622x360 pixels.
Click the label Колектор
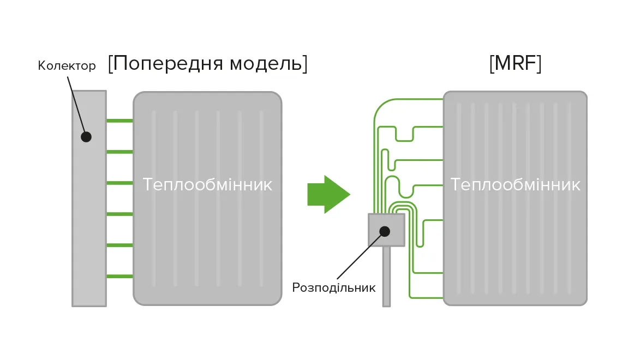tap(67, 66)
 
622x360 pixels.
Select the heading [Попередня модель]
tap(208, 64)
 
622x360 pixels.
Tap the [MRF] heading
tap(515, 64)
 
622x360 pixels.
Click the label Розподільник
tap(334, 287)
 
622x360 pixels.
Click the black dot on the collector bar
tap(86, 136)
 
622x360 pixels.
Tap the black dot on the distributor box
tap(385, 231)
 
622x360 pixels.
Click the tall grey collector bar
tap(89, 218)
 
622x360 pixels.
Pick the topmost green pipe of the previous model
tap(119, 121)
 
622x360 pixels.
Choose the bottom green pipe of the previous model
tap(119, 277)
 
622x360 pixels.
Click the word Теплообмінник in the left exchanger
tap(207, 184)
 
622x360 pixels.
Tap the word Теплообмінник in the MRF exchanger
tap(515, 184)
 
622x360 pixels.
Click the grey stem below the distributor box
tap(386, 275)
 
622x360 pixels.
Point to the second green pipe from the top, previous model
tap(119, 152)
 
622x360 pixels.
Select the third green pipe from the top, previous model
tap(119, 183)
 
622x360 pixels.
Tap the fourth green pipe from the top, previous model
tap(119, 214)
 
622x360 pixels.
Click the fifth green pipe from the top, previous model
tap(119, 245)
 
